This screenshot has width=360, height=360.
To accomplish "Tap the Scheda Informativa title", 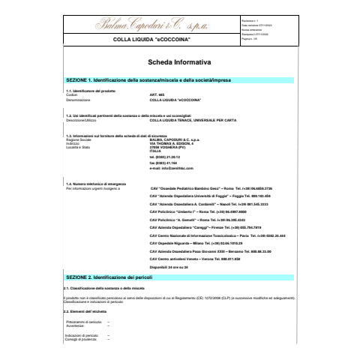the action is (180, 63).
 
